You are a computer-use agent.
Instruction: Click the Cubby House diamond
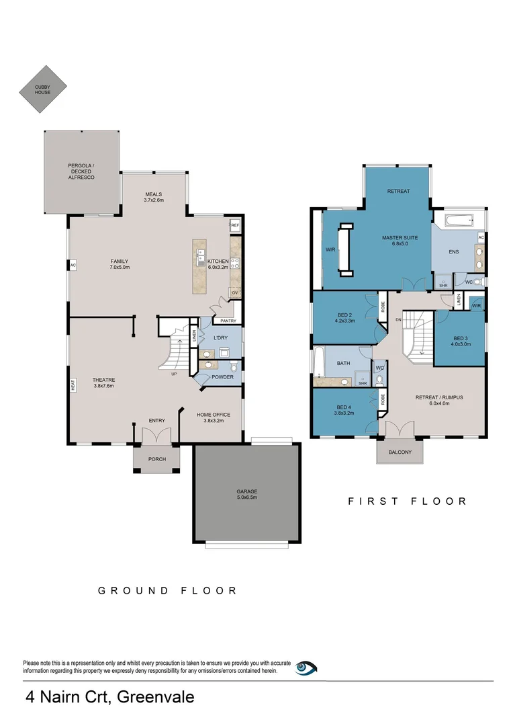[x=43, y=89]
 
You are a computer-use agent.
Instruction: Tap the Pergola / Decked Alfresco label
[x=81, y=171]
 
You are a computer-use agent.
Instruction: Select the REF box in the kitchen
[x=235, y=227]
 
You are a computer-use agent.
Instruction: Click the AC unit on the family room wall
[x=73, y=266]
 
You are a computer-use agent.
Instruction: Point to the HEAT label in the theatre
[x=73, y=385]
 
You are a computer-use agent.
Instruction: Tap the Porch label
[x=156, y=459]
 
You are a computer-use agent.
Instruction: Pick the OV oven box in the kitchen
[x=235, y=292]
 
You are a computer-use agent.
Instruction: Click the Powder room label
[x=222, y=377]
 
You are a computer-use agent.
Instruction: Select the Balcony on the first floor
[x=400, y=452]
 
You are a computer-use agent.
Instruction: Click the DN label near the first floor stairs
[x=398, y=319]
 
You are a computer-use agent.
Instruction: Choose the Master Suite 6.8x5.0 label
[x=395, y=241]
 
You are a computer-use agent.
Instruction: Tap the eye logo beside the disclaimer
[x=306, y=668]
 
